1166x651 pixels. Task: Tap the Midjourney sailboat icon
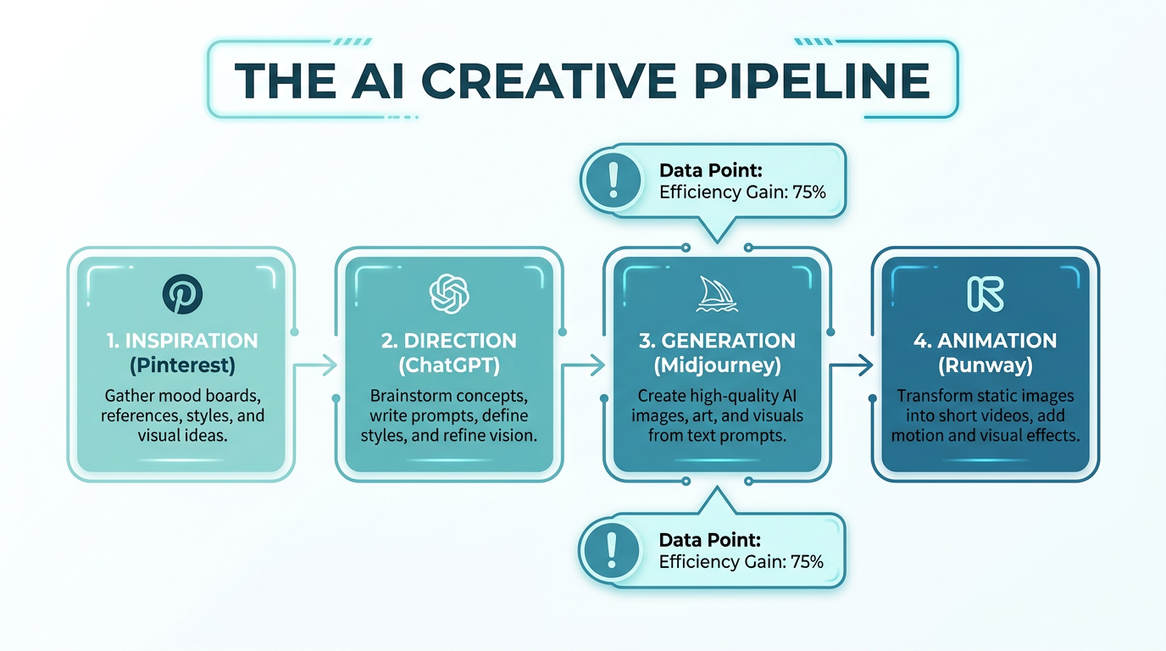(716, 294)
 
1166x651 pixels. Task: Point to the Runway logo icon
(985, 293)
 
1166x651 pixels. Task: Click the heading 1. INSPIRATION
(182, 341)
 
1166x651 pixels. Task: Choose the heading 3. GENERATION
(716, 341)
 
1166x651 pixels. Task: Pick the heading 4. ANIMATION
(985, 341)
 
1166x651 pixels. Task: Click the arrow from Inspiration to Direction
(315, 365)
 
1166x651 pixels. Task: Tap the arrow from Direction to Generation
(584, 365)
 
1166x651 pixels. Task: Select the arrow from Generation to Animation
(852, 365)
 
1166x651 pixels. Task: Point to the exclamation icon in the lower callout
(610, 550)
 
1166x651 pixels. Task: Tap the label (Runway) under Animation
(985, 366)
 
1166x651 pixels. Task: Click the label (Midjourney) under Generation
(716, 366)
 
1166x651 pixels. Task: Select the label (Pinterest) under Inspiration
(182, 366)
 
